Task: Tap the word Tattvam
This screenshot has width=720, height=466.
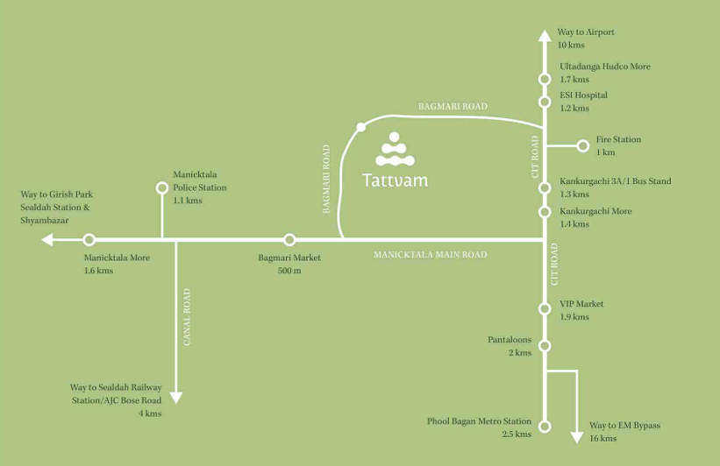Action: click(x=395, y=180)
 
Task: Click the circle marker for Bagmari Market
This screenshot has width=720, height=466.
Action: click(x=289, y=239)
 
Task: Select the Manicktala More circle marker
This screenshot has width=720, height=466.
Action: click(x=89, y=239)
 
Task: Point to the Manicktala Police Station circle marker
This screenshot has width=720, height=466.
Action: click(x=162, y=187)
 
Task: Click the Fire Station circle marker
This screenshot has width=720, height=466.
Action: click(x=583, y=146)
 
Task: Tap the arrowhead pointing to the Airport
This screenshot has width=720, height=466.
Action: click(x=545, y=36)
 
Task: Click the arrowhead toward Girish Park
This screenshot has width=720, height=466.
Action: click(x=47, y=239)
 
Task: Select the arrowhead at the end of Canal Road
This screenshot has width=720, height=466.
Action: click(x=176, y=398)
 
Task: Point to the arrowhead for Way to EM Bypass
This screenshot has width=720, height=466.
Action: click(x=577, y=438)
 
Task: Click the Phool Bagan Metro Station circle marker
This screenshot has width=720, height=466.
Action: click(x=545, y=427)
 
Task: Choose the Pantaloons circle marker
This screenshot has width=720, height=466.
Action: click(x=545, y=346)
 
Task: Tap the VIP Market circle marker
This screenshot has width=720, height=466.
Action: click(x=545, y=308)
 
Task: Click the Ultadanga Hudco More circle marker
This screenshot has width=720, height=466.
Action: click(x=545, y=79)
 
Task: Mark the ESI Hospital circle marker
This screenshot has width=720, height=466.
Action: click(x=545, y=102)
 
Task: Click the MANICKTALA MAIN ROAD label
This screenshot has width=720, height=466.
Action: click(x=431, y=255)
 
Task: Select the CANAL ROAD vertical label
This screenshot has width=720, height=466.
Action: click(x=187, y=317)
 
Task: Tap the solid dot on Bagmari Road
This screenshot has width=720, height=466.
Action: click(x=361, y=127)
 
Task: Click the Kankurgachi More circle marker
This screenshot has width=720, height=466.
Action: click(x=545, y=211)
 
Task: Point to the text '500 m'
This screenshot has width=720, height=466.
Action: click(x=289, y=271)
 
